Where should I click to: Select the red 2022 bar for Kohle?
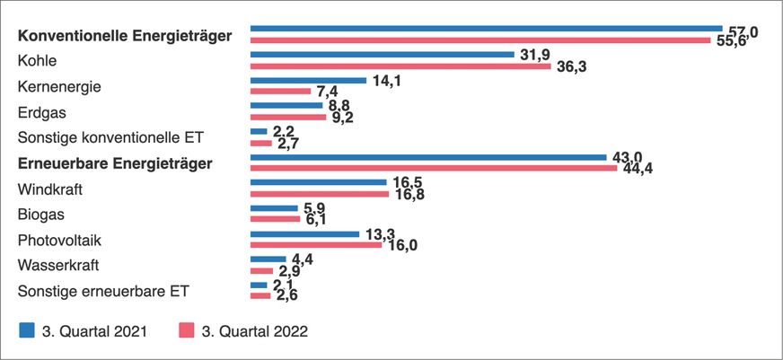pos(400,66)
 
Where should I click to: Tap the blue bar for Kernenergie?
pos(308,81)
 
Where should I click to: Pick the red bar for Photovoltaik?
pos(315,244)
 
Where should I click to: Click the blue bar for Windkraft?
pos(318,182)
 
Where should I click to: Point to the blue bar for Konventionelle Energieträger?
pos(486,29)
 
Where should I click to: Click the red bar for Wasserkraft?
pos(261,270)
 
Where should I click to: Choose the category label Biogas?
pos(42,215)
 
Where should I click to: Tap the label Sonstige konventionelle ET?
pos(111,137)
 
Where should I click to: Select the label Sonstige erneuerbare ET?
pos(104,291)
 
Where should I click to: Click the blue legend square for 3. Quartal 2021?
pos(27,330)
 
